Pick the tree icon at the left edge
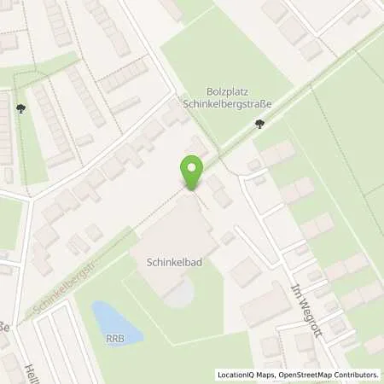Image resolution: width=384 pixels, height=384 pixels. [20, 108]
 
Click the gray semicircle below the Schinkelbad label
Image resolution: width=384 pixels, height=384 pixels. [177, 294]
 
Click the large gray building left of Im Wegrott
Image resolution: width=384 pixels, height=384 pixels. [265, 303]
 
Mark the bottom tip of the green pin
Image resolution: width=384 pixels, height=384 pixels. [194, 190]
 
